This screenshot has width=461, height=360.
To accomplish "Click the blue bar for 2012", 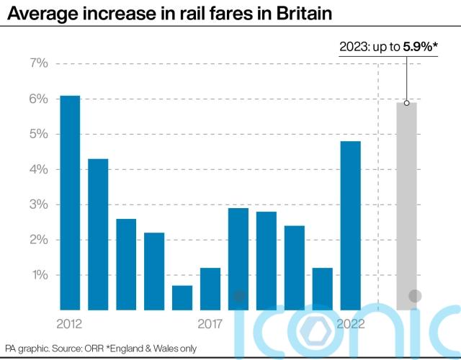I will click(70, 202).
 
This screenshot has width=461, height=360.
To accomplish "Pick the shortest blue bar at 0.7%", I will click(182, 297).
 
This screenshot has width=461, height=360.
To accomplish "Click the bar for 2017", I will click(210, 288).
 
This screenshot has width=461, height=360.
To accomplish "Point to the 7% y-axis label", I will click(39, 63).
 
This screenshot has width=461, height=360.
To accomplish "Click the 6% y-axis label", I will click(39, 99).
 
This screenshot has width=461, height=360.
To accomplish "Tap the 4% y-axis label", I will click(39, 169).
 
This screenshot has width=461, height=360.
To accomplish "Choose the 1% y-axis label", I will click(39, 275).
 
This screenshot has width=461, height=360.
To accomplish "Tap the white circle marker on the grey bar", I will click(406, 103).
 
